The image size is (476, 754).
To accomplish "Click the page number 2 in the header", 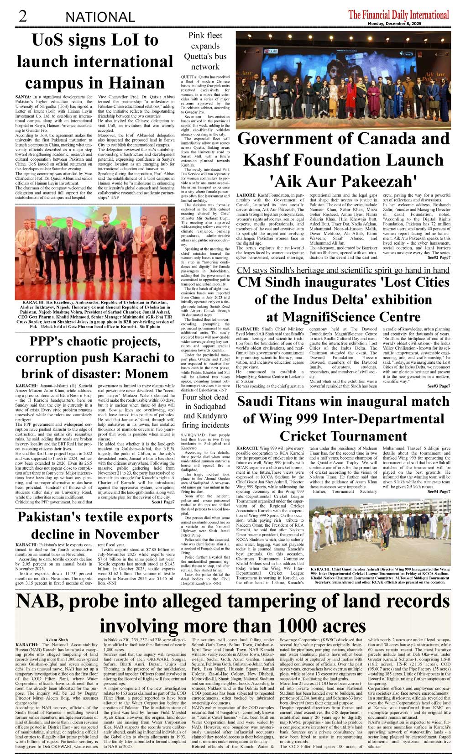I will pyautogui.click(x=22, y=16).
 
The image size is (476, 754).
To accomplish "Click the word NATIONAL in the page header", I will pyautogui.click(x=100, y=17).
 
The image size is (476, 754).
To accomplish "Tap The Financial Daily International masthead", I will pyautogui.click(x=398, y=15).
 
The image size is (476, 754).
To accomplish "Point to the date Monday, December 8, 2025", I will pyautogui.click(x=395, y=24).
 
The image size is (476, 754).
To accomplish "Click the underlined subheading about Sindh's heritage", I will pyautogui.click(x=343, y=270).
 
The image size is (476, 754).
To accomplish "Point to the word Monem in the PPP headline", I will pyautogui.click(x=146, y=374).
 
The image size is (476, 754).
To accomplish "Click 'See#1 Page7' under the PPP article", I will pyautogui.click(x=163, y=502).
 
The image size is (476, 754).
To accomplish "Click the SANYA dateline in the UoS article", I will pyautogui.click(x=23, y=97).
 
